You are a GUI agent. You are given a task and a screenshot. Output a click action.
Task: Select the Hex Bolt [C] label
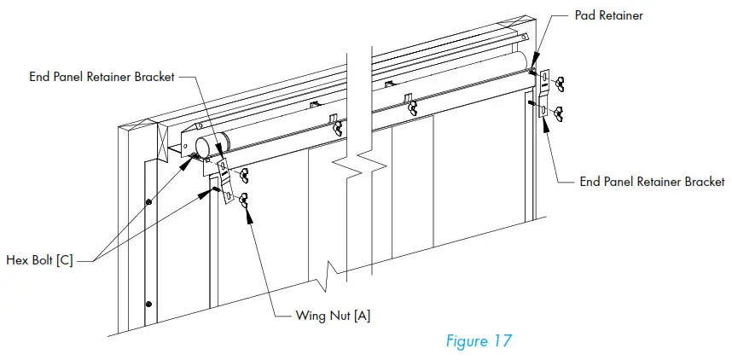pyautogui.click(x=39, y=260)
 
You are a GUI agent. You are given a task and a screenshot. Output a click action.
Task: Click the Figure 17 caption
pyautogui.click(x=478, y=341)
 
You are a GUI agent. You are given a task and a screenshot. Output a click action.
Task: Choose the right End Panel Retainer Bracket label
pyautogui.click(x=652, y=181)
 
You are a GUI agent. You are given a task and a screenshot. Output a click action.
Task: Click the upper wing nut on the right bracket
pyautogui.click(x=560, y=84)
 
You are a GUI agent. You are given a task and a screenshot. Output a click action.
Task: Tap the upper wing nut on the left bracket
pyautogui.click(x=243, y=174)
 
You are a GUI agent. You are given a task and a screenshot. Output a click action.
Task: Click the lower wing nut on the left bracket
pyautogui.click(x=245, y=201)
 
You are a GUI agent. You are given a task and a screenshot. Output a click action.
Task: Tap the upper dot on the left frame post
pyautogui.click(x=148, y=202)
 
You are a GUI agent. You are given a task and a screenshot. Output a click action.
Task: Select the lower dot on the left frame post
pyautogui.click(x=148, y=304)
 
